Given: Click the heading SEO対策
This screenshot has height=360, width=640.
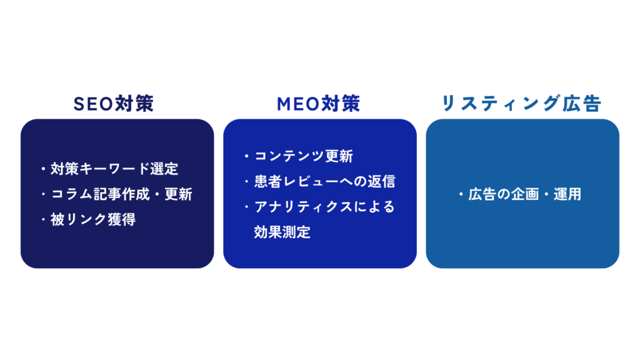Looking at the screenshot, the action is [114, 104].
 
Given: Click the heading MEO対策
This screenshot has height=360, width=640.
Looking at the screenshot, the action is [318, 104].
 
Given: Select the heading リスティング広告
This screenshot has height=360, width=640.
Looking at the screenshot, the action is [522, 104].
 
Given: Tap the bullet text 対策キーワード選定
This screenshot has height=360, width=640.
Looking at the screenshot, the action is [114, 169].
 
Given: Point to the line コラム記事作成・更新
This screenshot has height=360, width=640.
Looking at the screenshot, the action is [121, 194].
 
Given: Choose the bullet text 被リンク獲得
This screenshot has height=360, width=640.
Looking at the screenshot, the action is [93, 219].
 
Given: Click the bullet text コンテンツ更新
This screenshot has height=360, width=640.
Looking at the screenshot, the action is [304, 156].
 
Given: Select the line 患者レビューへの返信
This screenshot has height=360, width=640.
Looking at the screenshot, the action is [325, 181].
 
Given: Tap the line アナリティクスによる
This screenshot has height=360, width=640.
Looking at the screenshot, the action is [324, 207].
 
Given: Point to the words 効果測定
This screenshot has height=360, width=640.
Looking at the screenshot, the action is [282, 232].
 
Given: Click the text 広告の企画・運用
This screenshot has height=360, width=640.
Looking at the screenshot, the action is [524, 194].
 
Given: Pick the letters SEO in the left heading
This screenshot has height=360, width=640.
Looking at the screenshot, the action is [94, 104].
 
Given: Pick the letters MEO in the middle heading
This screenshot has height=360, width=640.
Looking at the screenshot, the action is [298, 104].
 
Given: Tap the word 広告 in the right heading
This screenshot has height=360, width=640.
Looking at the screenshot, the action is [582, 104].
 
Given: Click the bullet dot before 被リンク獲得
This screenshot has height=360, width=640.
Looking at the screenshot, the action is [43, 219].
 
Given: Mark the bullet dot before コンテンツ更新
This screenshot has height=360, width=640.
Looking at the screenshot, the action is [246, 156].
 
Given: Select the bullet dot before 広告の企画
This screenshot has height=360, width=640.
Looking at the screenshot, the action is [461, 194].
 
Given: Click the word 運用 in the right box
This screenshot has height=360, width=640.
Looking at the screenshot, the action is [567, 194].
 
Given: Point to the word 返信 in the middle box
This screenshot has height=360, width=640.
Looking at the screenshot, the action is [382, 181].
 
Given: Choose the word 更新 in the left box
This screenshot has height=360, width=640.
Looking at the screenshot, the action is [178, 194].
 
